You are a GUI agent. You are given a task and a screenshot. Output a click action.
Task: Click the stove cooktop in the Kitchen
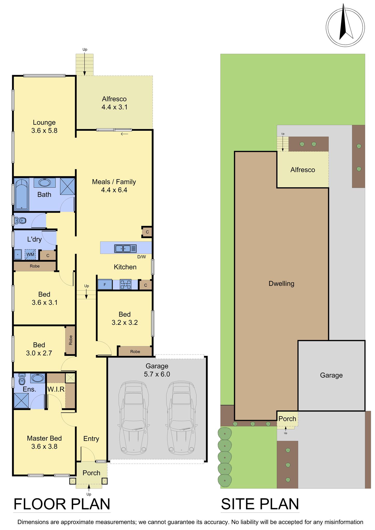[x=126, y=285]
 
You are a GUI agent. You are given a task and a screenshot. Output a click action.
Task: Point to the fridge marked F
[x=105, y=285]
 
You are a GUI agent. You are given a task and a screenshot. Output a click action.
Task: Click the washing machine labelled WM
[x=30, y=254]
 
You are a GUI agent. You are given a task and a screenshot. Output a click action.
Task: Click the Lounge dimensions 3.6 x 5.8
[x=44, y=131]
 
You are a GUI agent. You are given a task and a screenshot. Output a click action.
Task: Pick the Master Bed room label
[x=44, y=438]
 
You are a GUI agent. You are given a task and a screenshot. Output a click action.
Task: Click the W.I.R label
[x=56, y=389]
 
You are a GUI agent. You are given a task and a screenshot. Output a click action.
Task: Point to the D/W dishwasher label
[x=142, y=257]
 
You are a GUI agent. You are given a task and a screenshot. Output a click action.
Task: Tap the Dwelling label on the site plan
[x=282, y=284]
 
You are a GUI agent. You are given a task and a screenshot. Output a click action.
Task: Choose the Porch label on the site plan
[x=287, y=419]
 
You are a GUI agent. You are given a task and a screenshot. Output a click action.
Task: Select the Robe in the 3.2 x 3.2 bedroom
[x=135, y=351]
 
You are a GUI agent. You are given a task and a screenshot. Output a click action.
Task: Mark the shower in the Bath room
[x=67, y=186]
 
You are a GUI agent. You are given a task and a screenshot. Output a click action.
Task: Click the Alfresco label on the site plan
[x=303, y=170]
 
